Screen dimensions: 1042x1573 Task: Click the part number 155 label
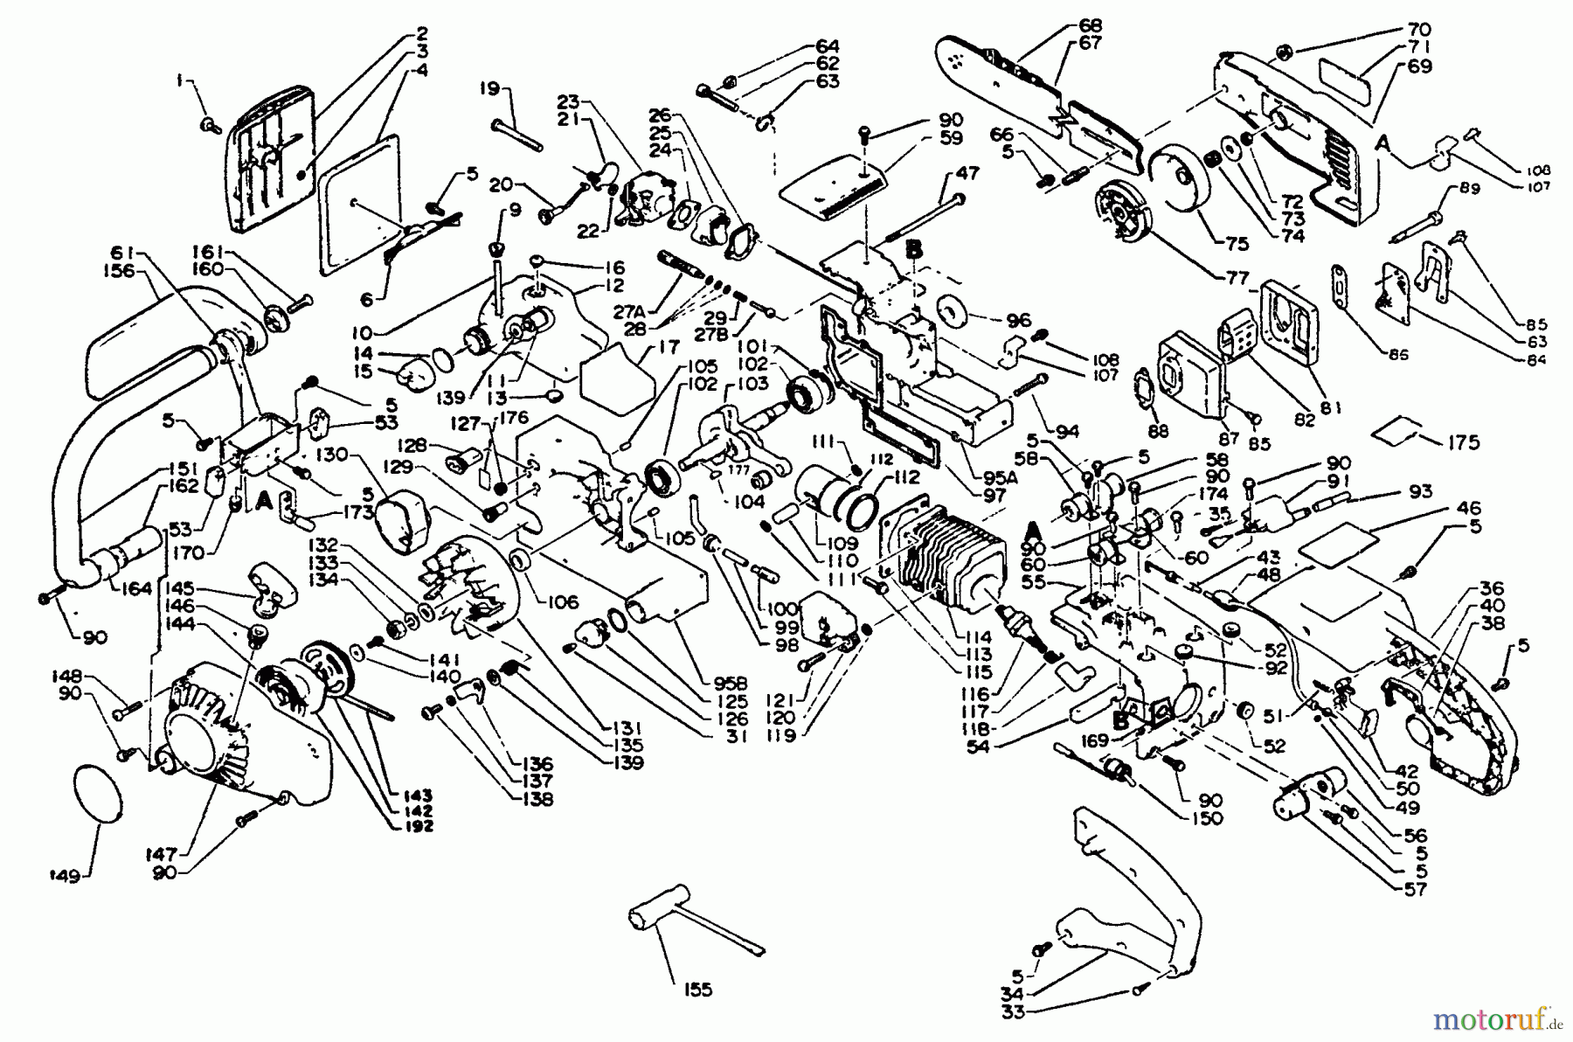(x=698, y=990)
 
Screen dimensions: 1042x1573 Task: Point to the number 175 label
(x=1463, y=442)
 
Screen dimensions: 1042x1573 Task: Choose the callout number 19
(x=489, y=88)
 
